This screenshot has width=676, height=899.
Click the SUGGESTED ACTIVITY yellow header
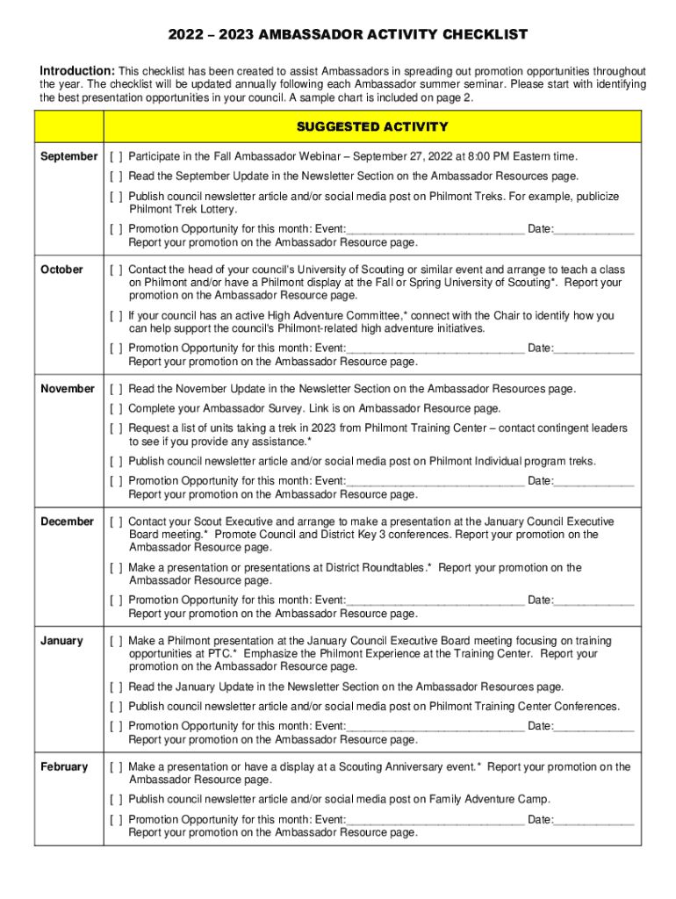372,127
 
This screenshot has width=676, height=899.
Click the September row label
69,156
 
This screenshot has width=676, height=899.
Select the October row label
61,270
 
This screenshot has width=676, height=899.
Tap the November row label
68,388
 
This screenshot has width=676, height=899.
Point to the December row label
67,521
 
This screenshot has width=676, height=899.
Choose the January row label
61,641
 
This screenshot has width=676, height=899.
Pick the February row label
64,766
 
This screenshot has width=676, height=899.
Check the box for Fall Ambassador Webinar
116,157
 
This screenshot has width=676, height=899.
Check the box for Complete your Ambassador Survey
116,409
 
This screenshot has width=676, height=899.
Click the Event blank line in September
435,230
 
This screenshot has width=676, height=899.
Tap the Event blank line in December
435,601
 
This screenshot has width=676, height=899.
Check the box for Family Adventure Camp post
116,800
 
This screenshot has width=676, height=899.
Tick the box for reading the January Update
116,687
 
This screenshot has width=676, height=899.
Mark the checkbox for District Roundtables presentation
116,568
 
